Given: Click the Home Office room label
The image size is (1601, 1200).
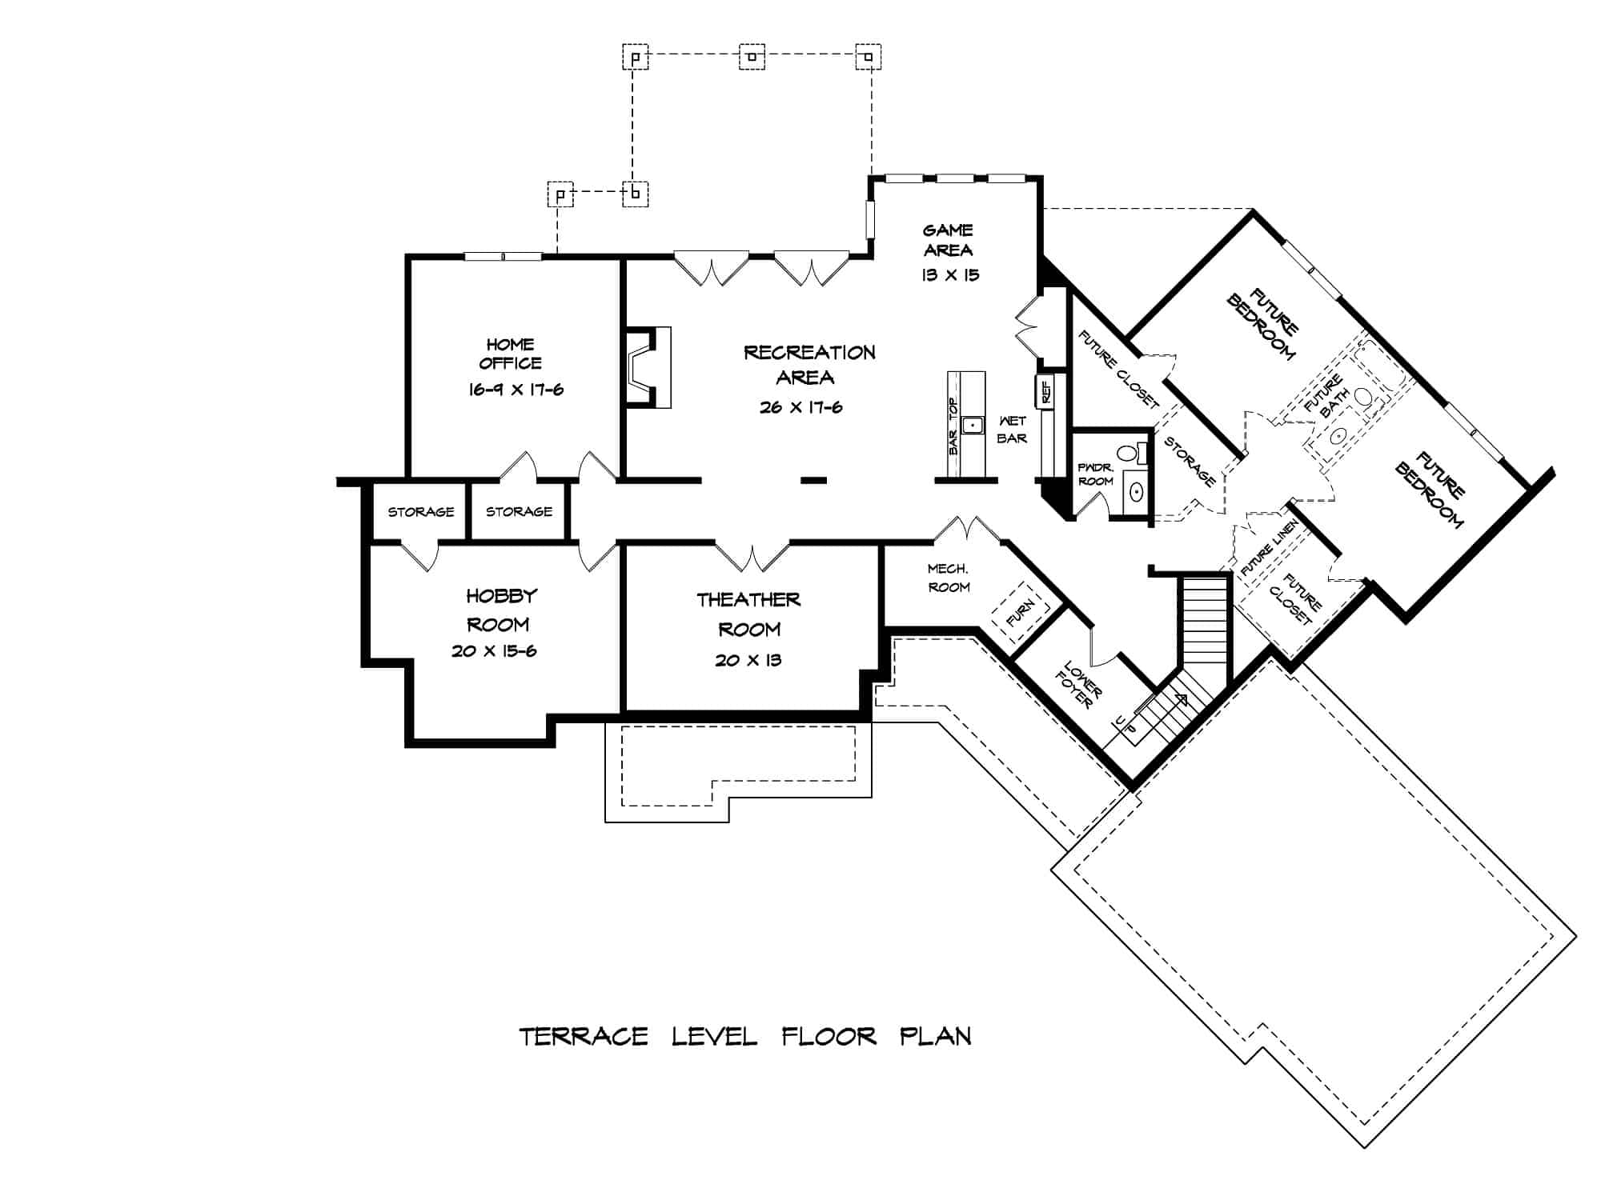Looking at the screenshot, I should pos(510,354).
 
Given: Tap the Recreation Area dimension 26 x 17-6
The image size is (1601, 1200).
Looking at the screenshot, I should pos(800,407).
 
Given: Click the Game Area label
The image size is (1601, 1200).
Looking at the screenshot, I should pos(948,240).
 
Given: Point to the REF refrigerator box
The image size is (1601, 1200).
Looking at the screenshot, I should pos(1045,391).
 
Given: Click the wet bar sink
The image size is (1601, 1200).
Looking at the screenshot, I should pos(973,425).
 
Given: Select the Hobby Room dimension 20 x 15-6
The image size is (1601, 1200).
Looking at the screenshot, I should pos(494,651).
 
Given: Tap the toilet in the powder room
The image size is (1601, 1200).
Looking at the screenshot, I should pos(1129,454).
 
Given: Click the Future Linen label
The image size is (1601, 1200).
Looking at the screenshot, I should pos(1269,548).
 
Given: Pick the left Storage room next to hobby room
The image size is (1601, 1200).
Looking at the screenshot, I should pos(420,512).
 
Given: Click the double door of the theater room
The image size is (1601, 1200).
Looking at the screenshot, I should pos(752,557).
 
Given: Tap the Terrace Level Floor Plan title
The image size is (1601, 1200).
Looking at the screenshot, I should pos(745,1037).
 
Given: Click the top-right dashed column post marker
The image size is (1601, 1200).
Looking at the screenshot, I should pos(868,57).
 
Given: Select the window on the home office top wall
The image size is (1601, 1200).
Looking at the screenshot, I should pos(503,256).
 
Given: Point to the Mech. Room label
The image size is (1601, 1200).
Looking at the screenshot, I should pos(949,578).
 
